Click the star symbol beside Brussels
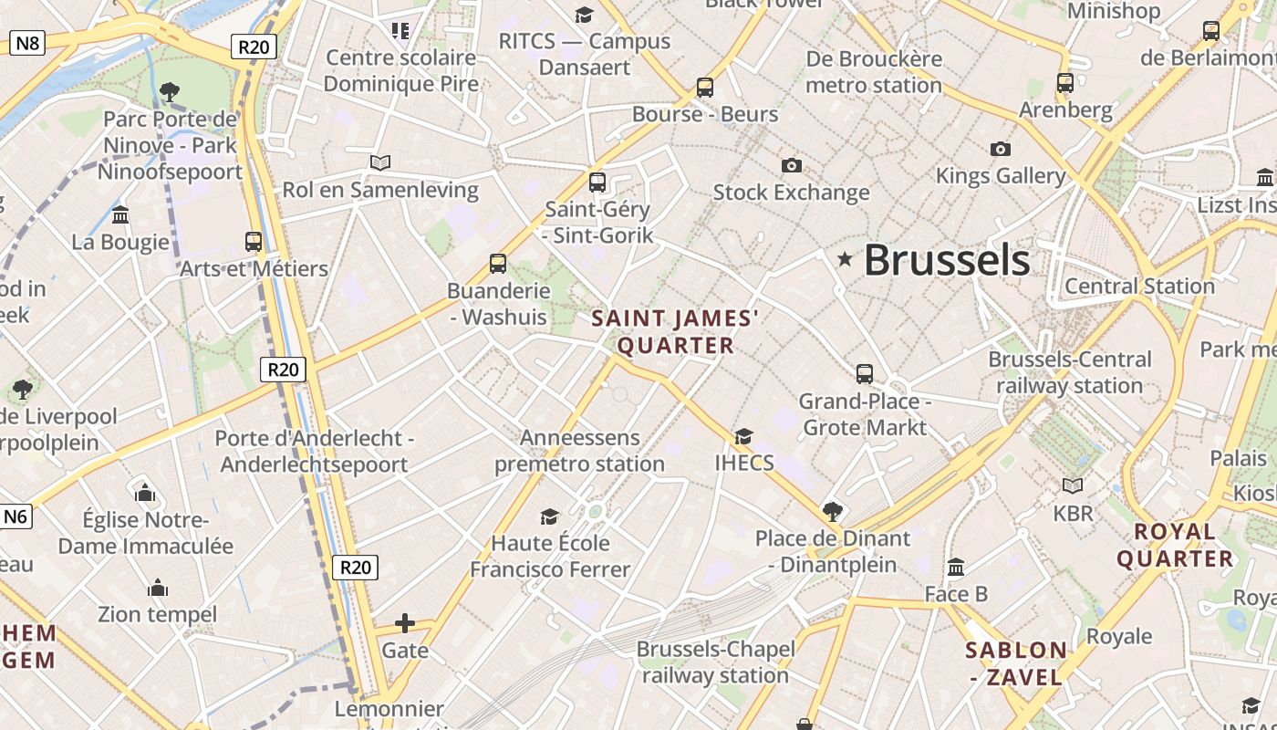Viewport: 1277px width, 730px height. coord(845,260)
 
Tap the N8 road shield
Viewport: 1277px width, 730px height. coord(26,42)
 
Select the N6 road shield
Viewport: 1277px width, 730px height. coord(16,516)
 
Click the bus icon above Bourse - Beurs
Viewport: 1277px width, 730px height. coord(704,88)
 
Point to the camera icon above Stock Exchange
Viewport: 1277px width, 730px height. coord(792,165)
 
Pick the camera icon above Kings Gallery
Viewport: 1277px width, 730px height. coord(1001,149)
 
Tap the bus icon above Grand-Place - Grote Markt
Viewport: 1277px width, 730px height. coord(865,373)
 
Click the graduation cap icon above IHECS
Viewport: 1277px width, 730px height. coord(744,436)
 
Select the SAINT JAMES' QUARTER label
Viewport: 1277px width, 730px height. coord(675,331)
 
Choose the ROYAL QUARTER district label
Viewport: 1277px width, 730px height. coord(1175,545)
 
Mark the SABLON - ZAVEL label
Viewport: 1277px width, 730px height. coord(1016,663)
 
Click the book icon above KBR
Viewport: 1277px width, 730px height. coord(1073,485)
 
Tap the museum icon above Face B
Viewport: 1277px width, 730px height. coord(956,568)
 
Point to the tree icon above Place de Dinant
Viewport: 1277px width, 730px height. coord(832,511)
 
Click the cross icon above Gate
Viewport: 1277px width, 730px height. coord(405,623)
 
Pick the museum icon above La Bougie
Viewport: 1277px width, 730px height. coord(120,215)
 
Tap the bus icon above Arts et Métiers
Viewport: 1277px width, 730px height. coord(254,242)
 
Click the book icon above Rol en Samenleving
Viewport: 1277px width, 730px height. coord(380,162)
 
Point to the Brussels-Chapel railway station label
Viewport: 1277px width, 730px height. coord(715,662)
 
